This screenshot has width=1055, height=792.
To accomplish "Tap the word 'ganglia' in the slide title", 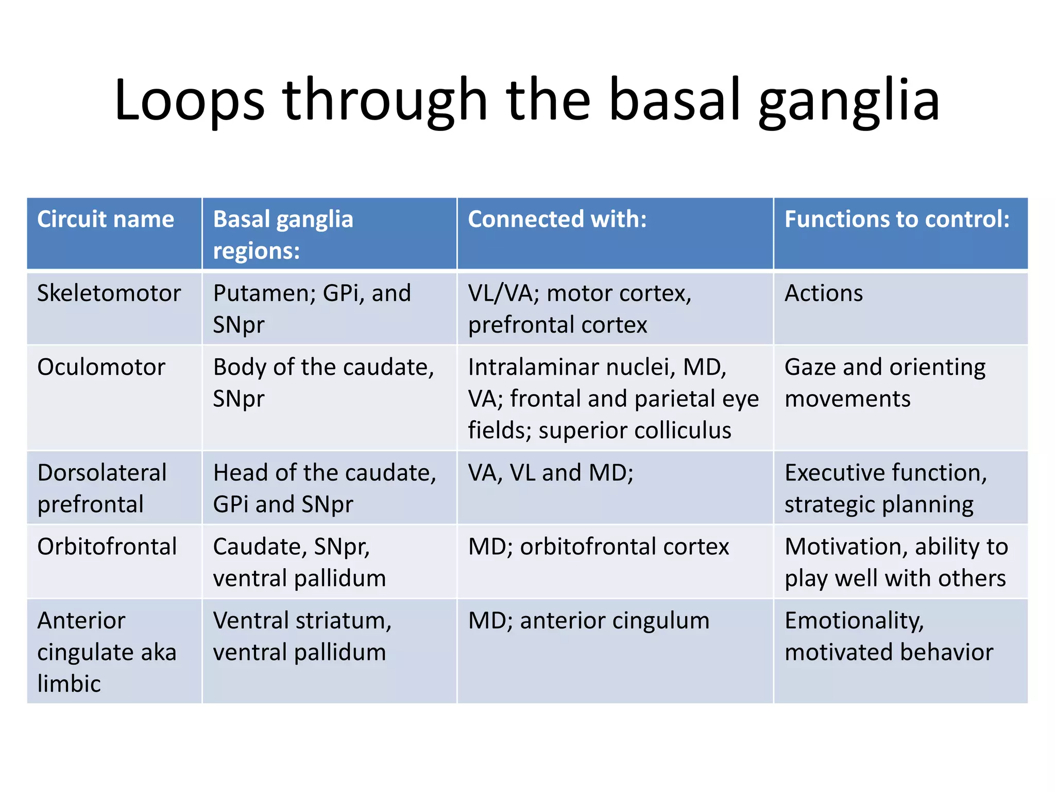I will [849, 101].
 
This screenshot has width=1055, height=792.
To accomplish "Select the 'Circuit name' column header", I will [106, 219].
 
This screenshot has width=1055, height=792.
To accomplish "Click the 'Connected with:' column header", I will [557, 219].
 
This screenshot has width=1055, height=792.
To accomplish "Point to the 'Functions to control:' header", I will [897, 219].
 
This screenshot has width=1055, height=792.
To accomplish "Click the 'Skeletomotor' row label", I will [109, 293].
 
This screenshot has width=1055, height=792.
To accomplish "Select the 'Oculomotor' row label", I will [101, 367].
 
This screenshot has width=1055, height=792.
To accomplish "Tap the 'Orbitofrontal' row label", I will [107, 547].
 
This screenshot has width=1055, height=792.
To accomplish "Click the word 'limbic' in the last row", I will [69, 684].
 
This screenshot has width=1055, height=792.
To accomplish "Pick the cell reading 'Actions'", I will [823, 293].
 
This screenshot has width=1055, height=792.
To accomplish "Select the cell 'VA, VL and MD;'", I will [550, 473].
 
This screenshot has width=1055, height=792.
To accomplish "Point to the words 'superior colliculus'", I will [635, 431].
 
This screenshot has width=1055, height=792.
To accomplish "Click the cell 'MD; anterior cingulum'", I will [588, 621].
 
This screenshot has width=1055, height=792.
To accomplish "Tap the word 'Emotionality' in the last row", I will [854, 621].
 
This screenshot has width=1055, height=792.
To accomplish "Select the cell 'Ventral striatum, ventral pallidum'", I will [302, 636].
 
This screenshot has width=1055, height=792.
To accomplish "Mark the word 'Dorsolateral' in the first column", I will [102, 473].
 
